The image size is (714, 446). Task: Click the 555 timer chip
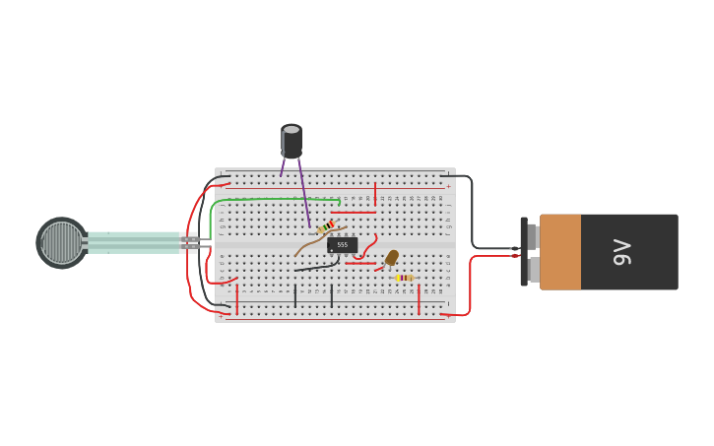click(342, 244)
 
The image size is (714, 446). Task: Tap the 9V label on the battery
click(622, 252)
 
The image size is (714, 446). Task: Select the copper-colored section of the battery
click(560, 252)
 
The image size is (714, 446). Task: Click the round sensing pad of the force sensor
click(61, 243)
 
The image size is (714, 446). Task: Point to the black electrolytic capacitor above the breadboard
click(292, 142)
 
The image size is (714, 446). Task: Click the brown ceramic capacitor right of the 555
click(391, 258)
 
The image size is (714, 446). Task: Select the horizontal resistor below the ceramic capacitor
click(404, 278)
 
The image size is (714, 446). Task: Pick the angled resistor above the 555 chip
click(325, 226)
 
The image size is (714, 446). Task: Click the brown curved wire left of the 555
click(308, 243)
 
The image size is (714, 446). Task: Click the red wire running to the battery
click(471, 286)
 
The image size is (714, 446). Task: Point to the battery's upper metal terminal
click(532, 236)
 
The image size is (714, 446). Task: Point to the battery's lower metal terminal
click(532, 270)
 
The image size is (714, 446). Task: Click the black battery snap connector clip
click(524, 252)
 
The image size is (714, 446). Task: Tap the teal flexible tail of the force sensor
click(133, 243)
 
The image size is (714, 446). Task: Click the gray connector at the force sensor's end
click(189, 242)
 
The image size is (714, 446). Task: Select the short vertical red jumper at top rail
click(375, 193)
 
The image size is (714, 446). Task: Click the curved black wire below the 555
click(315, 267)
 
